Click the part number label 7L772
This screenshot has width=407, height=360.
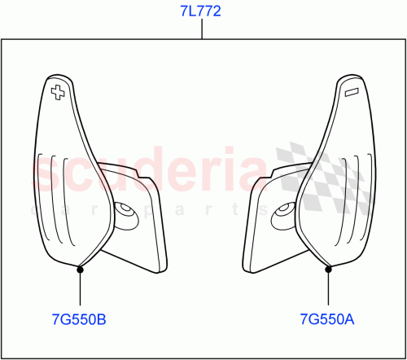coord(200,11)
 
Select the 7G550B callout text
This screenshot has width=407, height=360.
coord(79,320)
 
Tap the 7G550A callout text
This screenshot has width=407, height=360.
coord(327,320)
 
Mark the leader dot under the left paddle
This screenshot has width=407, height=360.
coord(80,268)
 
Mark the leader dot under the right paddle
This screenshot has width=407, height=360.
coord(327,268)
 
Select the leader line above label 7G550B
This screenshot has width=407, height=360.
coord(80,288)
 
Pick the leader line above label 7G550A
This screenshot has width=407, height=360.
coord(327,288)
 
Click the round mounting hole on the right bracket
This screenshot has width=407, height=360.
coord(286,212)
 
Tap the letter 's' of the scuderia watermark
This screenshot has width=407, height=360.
coord(46,175)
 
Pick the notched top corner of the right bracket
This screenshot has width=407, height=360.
coord(262,178)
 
